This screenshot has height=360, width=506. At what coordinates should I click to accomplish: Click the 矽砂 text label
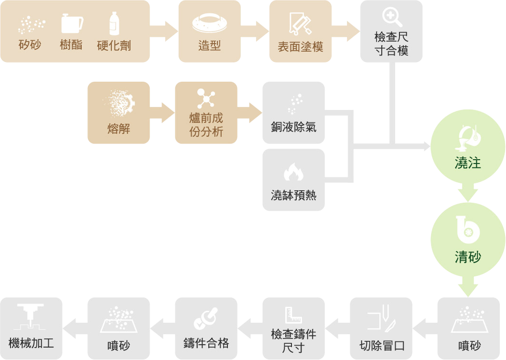(30, 45)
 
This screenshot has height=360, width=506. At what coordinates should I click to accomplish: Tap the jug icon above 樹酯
(72, 23)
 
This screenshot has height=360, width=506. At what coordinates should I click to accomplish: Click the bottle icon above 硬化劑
(114, 23)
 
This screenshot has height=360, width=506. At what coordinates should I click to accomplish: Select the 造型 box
(209, 32)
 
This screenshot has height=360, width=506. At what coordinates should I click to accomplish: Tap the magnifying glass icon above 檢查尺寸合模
(391, 17)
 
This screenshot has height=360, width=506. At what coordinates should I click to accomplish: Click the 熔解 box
(118, 113)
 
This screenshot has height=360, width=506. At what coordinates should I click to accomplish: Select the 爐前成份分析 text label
(206, 125)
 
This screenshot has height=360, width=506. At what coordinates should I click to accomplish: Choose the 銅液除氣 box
(293, 113)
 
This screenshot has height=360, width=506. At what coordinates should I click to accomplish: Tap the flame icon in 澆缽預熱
(293, 172)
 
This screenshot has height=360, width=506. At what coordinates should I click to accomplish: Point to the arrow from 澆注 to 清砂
(468, 194)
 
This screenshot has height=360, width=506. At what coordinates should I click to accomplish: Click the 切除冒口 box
(381, 328)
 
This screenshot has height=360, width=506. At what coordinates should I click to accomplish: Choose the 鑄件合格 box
(206, 328)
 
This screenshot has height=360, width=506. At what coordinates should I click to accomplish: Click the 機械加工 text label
(31, 343)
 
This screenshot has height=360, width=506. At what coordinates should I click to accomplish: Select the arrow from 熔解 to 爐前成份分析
(162, 113)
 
